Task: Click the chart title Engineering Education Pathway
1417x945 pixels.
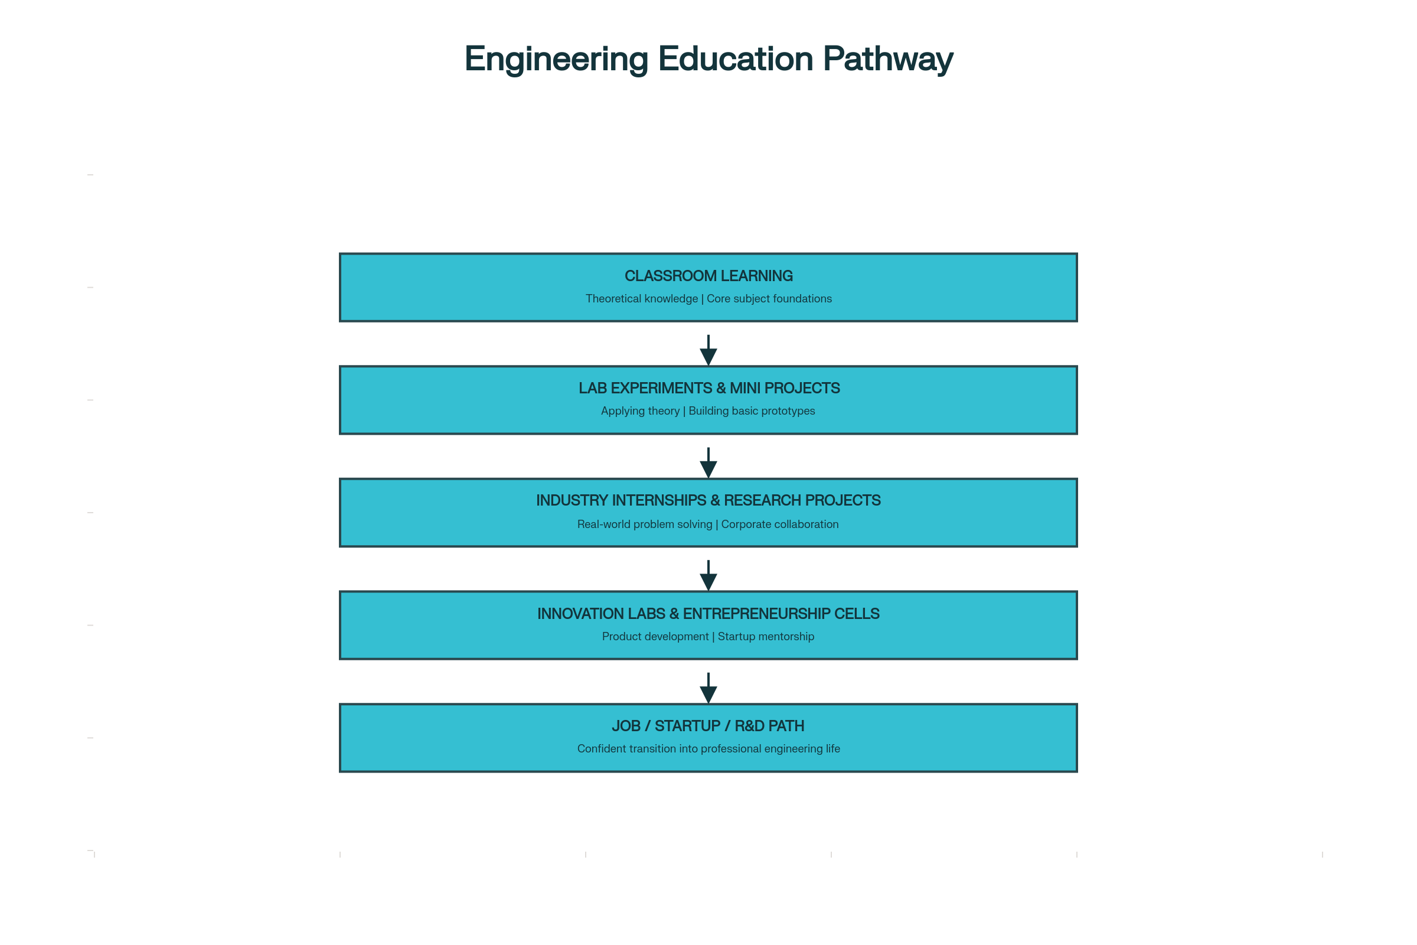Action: coord(708,59)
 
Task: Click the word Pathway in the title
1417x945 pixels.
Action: coord(887,59)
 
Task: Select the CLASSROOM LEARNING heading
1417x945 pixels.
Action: coord(708,276)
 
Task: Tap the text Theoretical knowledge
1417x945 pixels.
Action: coord(642,299)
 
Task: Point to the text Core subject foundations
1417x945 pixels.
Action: coord(769,299)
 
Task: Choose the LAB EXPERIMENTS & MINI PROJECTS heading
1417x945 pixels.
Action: coord(708,388)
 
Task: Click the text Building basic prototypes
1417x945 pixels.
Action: coord(751,411)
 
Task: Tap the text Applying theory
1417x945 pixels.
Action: coord(640,411)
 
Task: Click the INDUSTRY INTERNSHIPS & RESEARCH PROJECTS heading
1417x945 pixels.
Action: coord(708,501)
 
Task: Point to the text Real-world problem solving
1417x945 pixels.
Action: coord(645,524)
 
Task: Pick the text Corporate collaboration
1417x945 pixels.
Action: coord(779,524)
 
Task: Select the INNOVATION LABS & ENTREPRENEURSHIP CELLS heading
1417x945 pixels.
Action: coord(708,614)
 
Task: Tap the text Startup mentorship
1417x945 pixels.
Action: coord(766,637)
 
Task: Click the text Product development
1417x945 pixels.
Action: coord(655,637)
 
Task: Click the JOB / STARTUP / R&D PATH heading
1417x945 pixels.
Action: coord(708,726)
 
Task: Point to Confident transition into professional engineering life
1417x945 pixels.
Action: coord(708,749)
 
